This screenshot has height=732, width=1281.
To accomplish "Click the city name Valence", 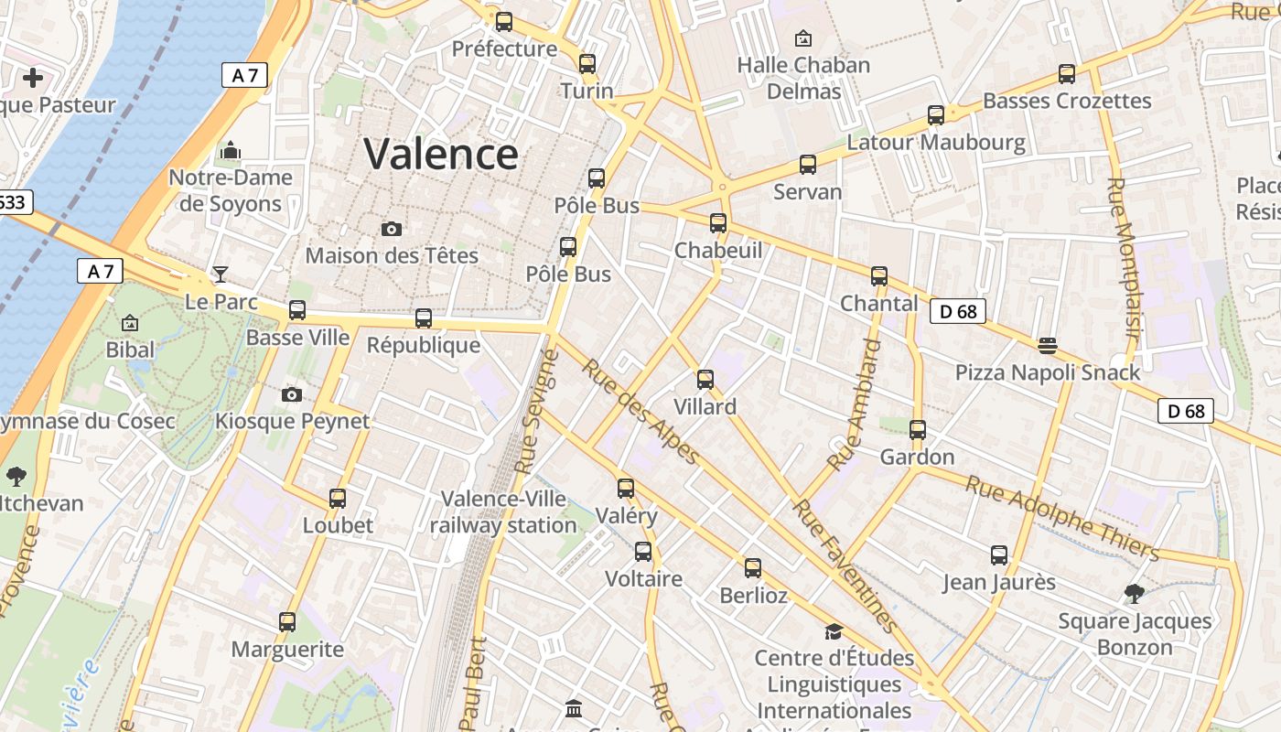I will pos(441,154).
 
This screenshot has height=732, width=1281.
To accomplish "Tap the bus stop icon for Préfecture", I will pos(504,22).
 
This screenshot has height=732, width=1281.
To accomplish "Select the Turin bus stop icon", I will pos(587,64).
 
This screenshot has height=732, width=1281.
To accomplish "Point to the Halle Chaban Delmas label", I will pos(803,78).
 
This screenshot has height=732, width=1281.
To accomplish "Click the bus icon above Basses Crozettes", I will pos(1067,74).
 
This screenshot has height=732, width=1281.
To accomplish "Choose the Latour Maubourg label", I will pos(936,142).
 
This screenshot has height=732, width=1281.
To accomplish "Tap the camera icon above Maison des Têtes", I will pos(392,229).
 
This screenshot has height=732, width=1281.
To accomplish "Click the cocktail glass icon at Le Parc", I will pos(221,274).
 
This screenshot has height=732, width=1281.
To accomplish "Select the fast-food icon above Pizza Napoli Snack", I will pos(1048,346).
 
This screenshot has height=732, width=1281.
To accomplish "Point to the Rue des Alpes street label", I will pos(640,411).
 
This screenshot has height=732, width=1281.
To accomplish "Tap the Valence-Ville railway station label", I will pos(503,511).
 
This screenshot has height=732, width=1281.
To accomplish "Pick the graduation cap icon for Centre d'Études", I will pos(834,631).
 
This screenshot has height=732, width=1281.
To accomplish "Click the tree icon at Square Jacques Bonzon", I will pos(1135,594).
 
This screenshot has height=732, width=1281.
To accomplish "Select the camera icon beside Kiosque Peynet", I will pos(292,394).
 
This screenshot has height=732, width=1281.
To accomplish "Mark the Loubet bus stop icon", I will pos(338,499).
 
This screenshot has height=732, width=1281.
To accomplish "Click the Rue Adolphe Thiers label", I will pos(1062,518).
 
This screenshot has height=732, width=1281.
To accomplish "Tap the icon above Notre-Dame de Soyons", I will pos(231,150).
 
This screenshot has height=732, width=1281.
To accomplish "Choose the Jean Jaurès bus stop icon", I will pos(999,555).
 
